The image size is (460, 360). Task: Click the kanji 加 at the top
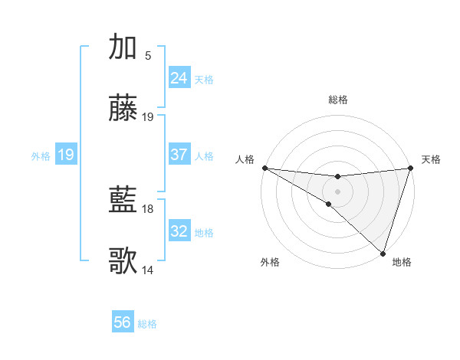[123, 47]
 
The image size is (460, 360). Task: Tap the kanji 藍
[123, 201]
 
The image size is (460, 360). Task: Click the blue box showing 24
[179, 78]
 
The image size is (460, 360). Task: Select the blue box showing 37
[179, 155]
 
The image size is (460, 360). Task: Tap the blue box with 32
[179, 231]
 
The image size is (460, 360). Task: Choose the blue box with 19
[66, 155]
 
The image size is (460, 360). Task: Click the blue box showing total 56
[123, 322]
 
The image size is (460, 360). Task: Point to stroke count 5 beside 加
[148, 55]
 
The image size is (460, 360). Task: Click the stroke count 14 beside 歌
[148, 270]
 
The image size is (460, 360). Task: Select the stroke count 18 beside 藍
[148, 208]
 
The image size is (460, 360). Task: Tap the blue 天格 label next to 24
[204, 79]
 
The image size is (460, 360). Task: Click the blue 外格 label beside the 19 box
[41, 155]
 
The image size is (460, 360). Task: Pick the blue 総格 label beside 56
[148, 323]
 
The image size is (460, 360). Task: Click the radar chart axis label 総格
[338, 100]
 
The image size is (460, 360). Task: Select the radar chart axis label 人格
[245, 159]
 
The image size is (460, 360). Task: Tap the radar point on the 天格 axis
[411, 168]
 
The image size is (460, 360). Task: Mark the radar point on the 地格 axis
[383, 253]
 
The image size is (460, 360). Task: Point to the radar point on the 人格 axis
[264, 168]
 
